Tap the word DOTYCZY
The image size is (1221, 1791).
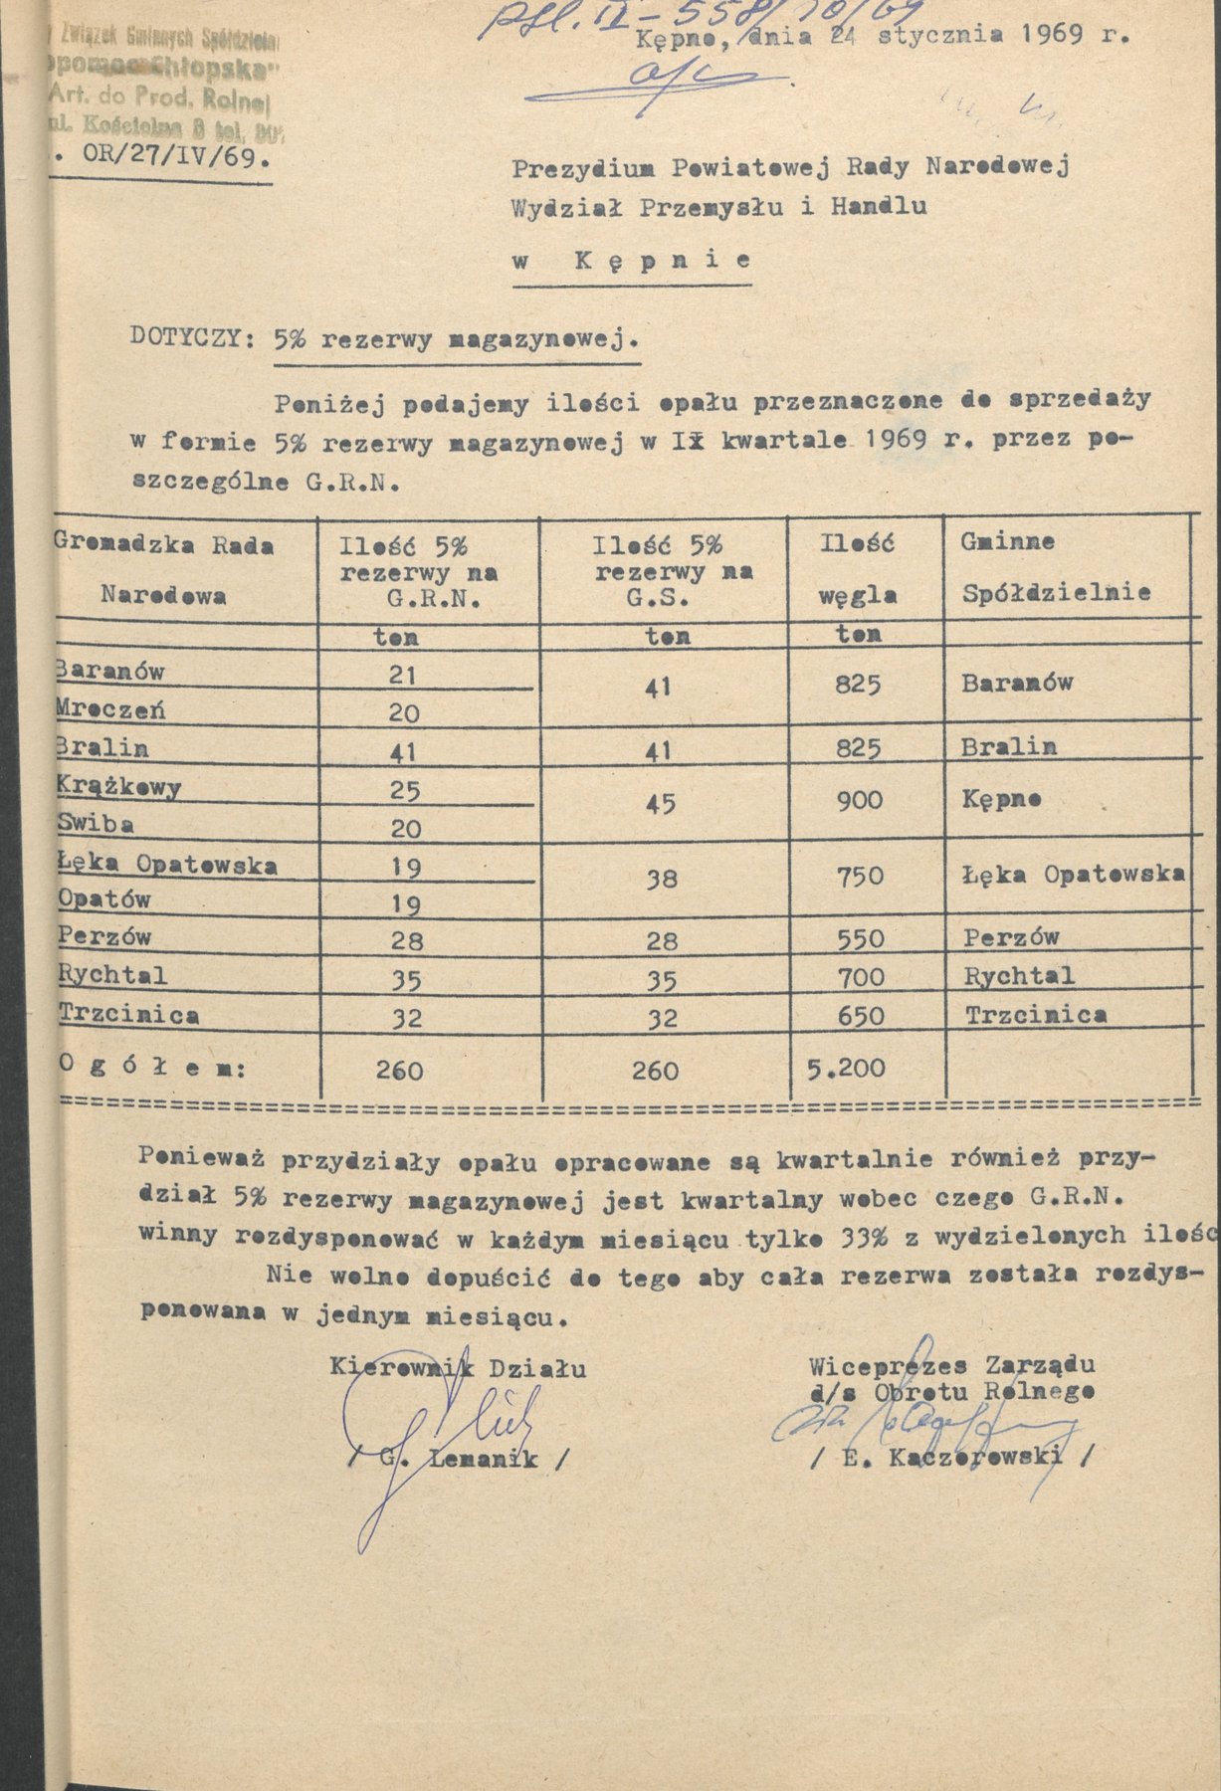click(x=186, y=336)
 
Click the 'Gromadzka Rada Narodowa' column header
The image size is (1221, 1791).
click(x=164, y=570)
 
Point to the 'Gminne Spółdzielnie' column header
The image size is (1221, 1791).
click(x=1056, y=568)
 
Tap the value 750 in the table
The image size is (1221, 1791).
click(x=860, y=876)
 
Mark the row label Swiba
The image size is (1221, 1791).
click(x=97, y=825)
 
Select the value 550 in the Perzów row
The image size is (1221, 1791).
click(x=860, y=938)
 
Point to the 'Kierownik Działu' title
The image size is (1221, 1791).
click(x=459, y=1368)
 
